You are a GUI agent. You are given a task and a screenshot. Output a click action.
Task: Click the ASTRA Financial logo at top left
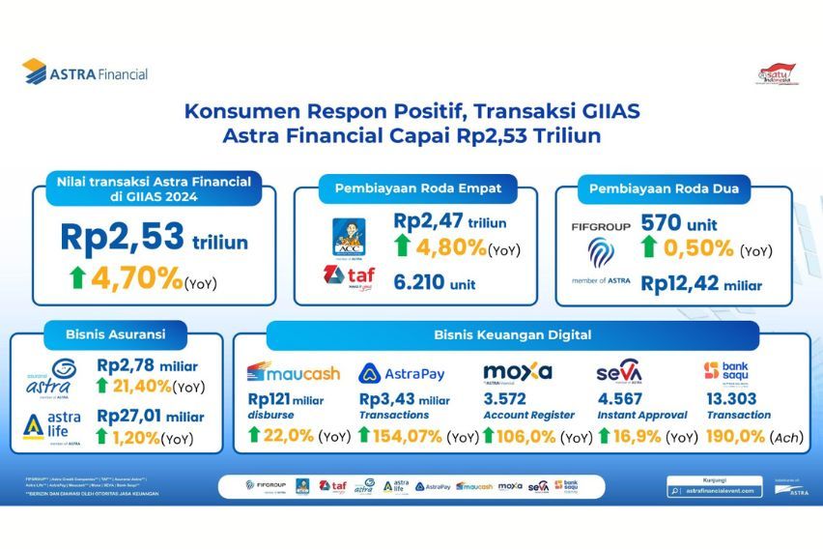tap(85, 72)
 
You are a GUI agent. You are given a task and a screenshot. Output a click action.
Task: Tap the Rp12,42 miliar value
tap(700, 284)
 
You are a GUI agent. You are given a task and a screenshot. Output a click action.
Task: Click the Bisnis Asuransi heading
tap(105, 334)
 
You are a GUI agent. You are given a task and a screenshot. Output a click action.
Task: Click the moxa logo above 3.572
tap(517, 372)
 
